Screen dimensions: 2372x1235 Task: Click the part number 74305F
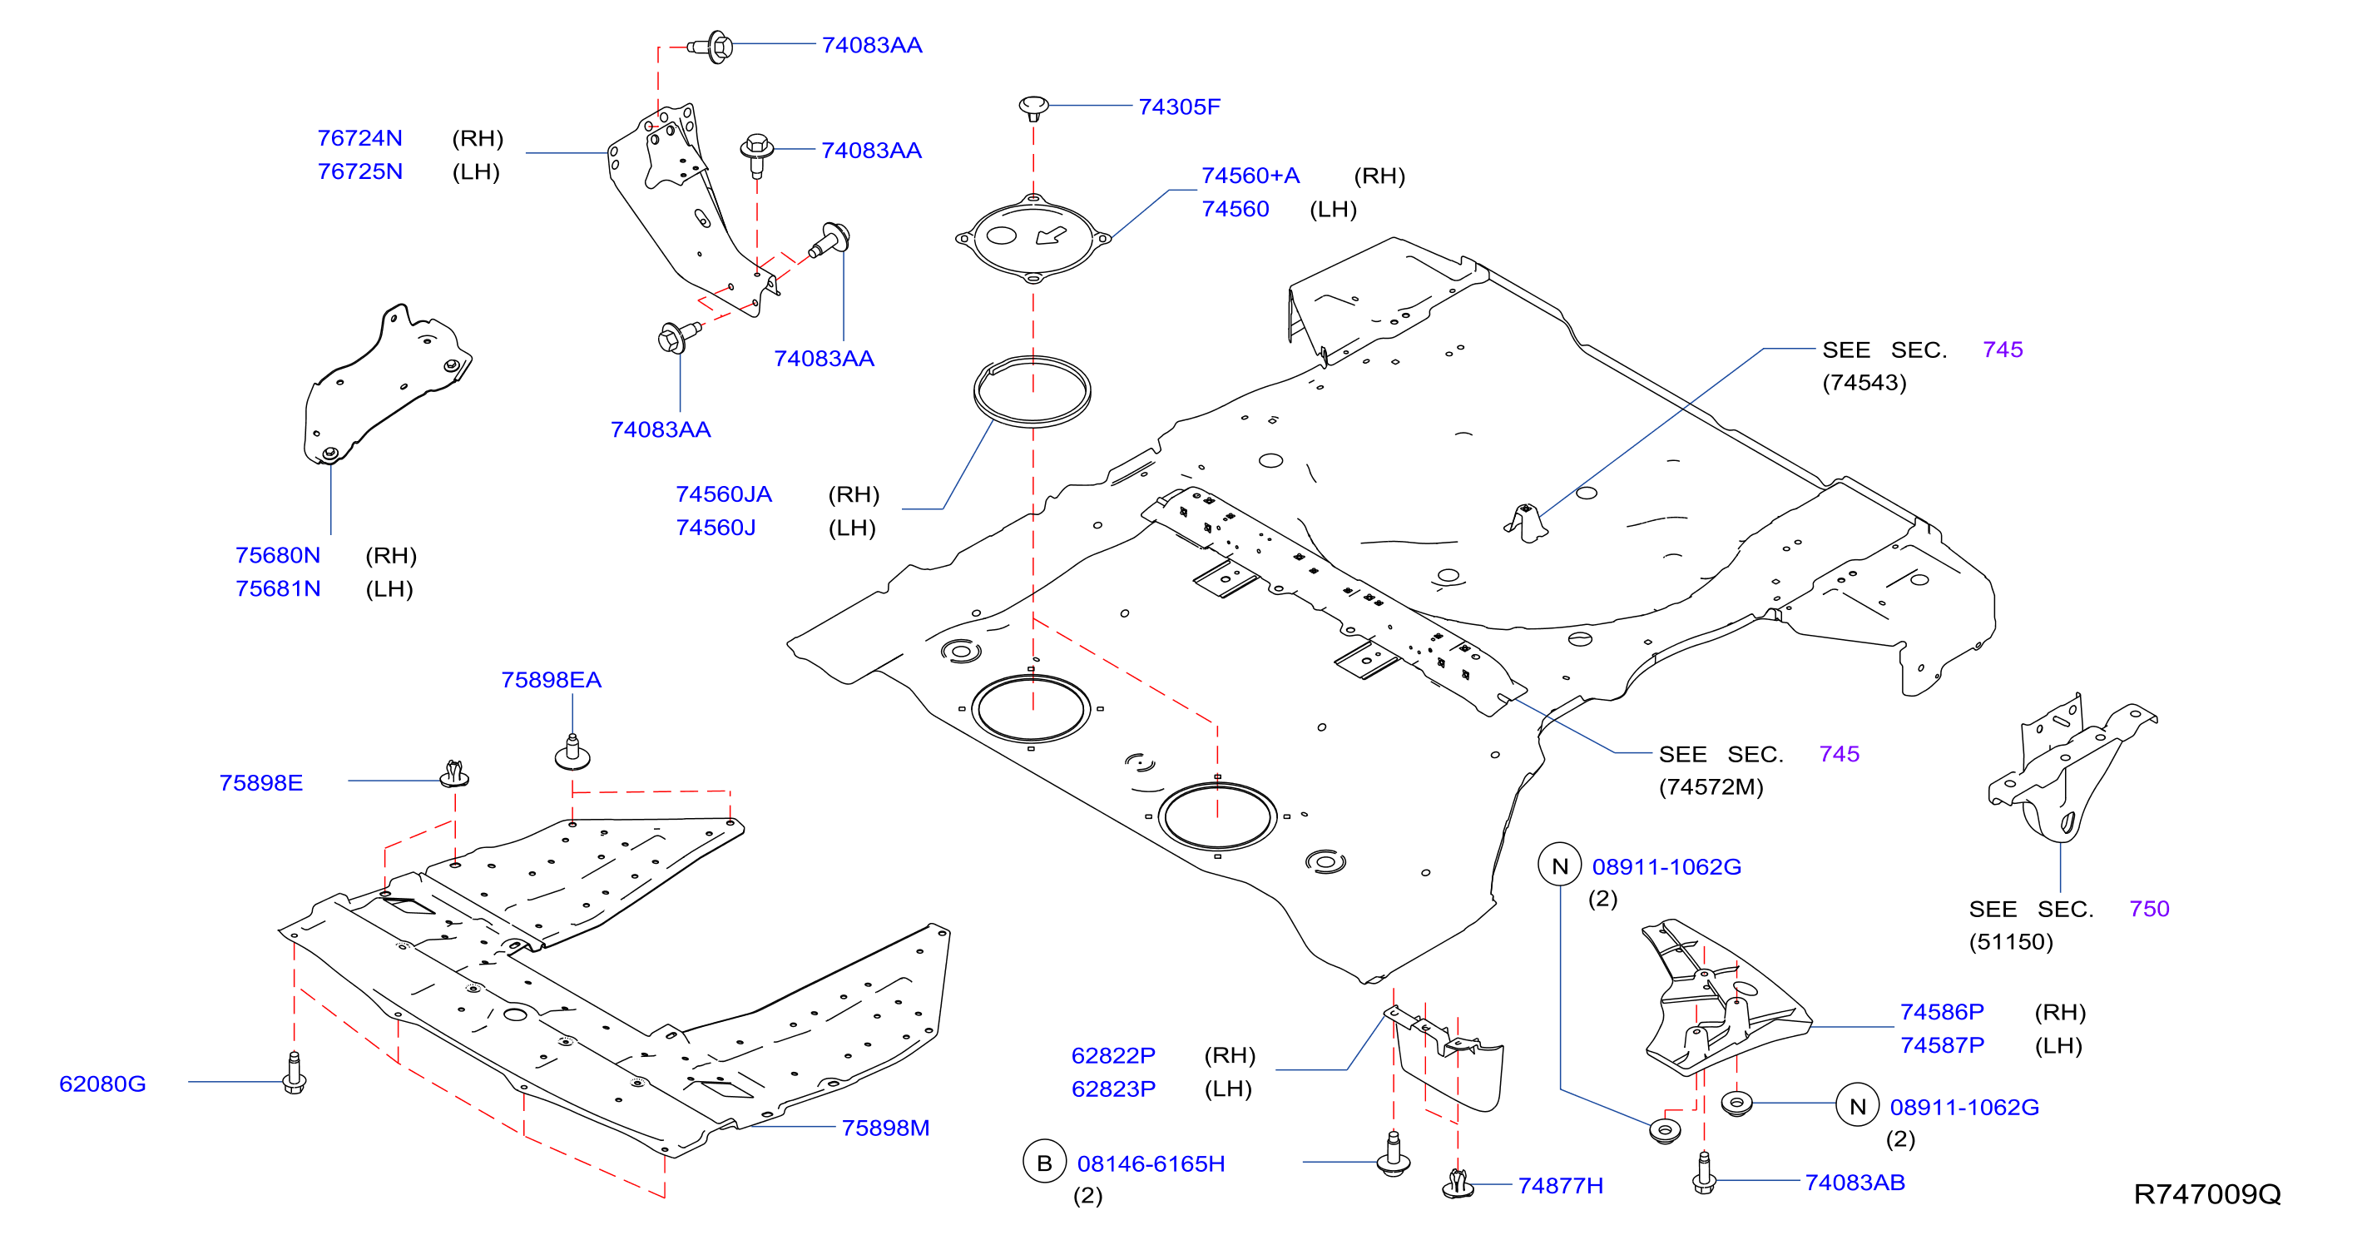pyautogui.click(x=1179, y=107)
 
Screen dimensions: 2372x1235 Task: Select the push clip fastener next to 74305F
pyautogui.click(x=1033, y=107)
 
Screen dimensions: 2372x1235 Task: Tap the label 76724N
pyautogui.click(x=360, y=138)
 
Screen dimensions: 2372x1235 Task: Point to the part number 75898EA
pyautogui.click(x=551, y=680)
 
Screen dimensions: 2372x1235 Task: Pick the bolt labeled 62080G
pyautogui.click(x=294, y=1073)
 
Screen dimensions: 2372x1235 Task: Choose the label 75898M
pyautogui.click(x=885, y=1128)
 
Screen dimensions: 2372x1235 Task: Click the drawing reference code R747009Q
pyautogui.click(x=2207, y=1194)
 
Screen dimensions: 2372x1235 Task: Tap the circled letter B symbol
pyautogui.click(x=1044, y=1163)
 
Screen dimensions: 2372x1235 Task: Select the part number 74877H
pyautogui.click(x=1560, y=1186)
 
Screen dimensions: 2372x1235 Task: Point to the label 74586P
pyautogui.click(x=1942, y=1012)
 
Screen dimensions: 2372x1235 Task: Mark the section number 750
pyautogui.click(x=2149, y=909)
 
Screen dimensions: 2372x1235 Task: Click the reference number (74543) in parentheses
pyautogui.click(x=1864, y=382)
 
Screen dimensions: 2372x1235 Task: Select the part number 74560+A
pyautogui.click(x=1250, y=176)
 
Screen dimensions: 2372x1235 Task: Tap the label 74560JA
pyautogui.click(x=724, y=494)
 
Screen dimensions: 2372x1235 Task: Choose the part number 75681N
pyautogui.click(x=278, y=588)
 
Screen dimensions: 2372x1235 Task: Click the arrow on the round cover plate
pyautogui.click(x=1051, y=236)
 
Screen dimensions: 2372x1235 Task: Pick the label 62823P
pyautogui.click(x=1113, y=1089)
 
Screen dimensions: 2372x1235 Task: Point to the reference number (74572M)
pyautogui.click(x=1711, y=787)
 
